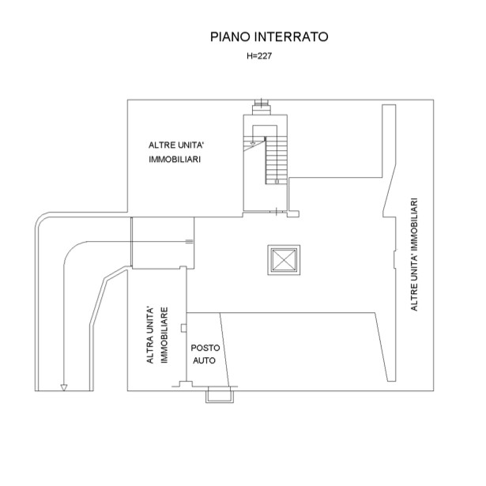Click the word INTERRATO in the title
click(291, 36)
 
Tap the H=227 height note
click(259, 56)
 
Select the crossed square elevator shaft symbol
click(284, 260)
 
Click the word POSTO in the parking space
click(205, 348)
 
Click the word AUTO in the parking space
click(204, 360)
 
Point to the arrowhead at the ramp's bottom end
click(64, 387)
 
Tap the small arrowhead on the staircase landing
click(253, 144)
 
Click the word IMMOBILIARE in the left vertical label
click(164, 335)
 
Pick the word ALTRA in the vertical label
click(150, 350)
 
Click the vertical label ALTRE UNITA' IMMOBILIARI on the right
click(414, 254)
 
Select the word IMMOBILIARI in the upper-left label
click(175, 160)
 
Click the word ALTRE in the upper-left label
click(158, 145)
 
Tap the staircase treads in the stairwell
click(276, 160)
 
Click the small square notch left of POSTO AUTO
click(184, 328)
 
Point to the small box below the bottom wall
click(220, 395)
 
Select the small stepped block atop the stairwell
click(262, 107)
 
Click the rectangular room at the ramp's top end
click(163, 243)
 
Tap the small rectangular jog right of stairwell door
click(293, 214)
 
